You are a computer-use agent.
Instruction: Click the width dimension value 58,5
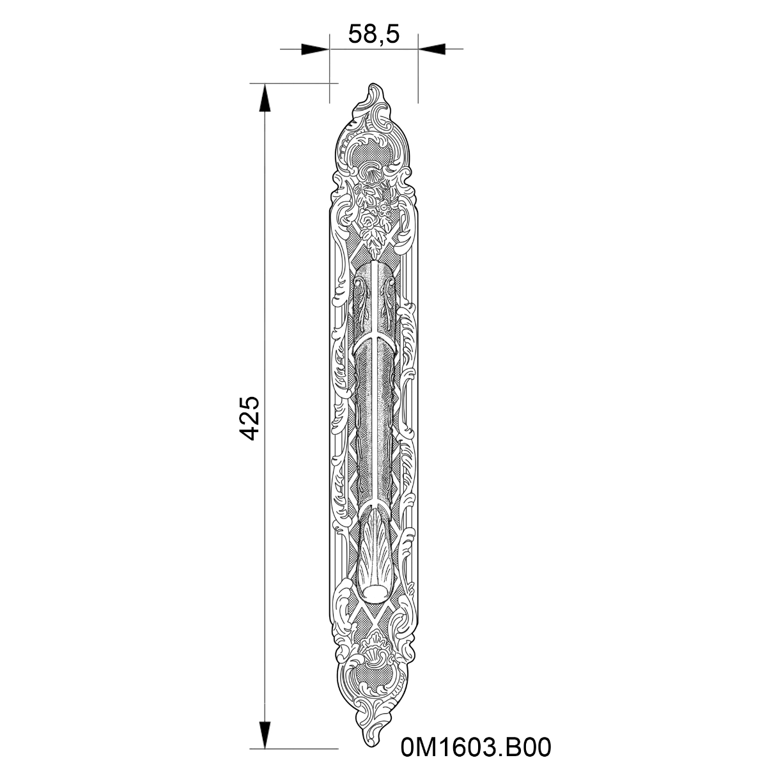(373, 35)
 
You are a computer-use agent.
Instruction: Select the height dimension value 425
(249, 418)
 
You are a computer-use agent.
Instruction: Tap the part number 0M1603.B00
(476, 747)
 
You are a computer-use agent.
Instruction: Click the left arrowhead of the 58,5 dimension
(315, 49)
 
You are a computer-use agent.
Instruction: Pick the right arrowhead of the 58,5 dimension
(431, 49)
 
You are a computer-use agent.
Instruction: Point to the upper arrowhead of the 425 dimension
(265, 98)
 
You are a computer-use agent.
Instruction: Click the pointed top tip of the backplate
(373, 84)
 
